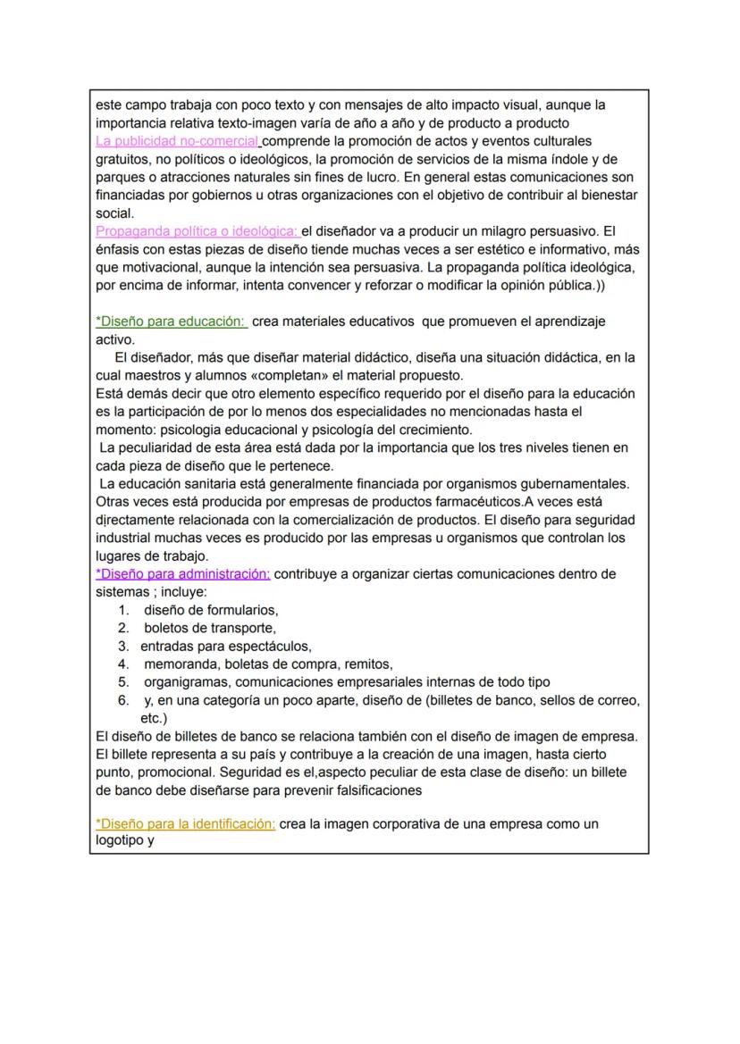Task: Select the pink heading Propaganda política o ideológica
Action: point(197,231)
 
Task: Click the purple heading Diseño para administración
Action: point(182,573)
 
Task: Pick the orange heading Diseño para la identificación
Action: point(185,824)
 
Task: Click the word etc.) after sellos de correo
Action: point(154,718)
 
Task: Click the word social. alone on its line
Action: point(114,213)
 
